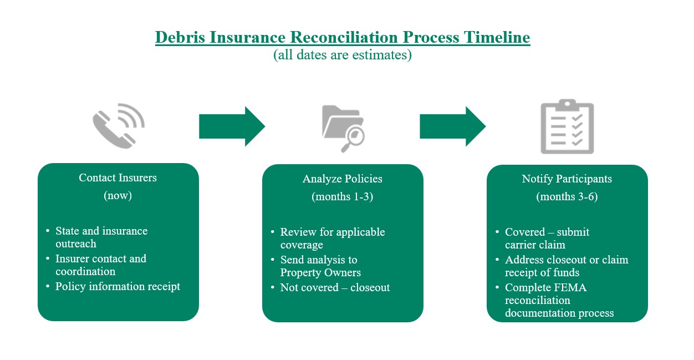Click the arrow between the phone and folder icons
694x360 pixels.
pyautogui.click(x=232, y=127)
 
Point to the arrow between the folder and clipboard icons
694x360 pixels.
pyautogui.click(x=452, y=127)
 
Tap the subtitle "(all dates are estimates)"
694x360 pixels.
pyautogui.click(x=343, y=55)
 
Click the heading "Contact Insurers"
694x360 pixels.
pyautogui.click(x=118, y=178)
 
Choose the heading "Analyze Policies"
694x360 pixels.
pyautogui.click(x=342, y=179)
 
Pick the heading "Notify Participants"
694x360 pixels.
pyautogui.click(x=567, y=179)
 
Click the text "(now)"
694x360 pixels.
pyautogui.click(x=118, y=196)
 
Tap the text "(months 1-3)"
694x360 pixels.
pyautogui.click(x=342, y=197)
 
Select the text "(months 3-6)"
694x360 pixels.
pyautogui.click(x=567, y=197)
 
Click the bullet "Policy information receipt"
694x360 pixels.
pyautogui.click(x=118, y=287)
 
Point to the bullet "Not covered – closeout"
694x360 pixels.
pyautogui.click(x=335, y=287)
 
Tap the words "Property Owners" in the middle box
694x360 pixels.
pyautogui.click(x=320, y=272)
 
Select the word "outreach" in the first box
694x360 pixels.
pyautogui.click(x=76, y=244)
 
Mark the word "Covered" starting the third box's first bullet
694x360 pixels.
pyautogui.click(x=524, y=232)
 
